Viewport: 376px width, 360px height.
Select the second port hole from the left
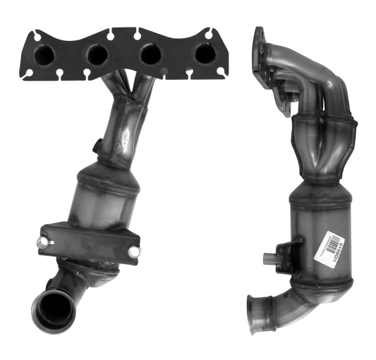[96, 53]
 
